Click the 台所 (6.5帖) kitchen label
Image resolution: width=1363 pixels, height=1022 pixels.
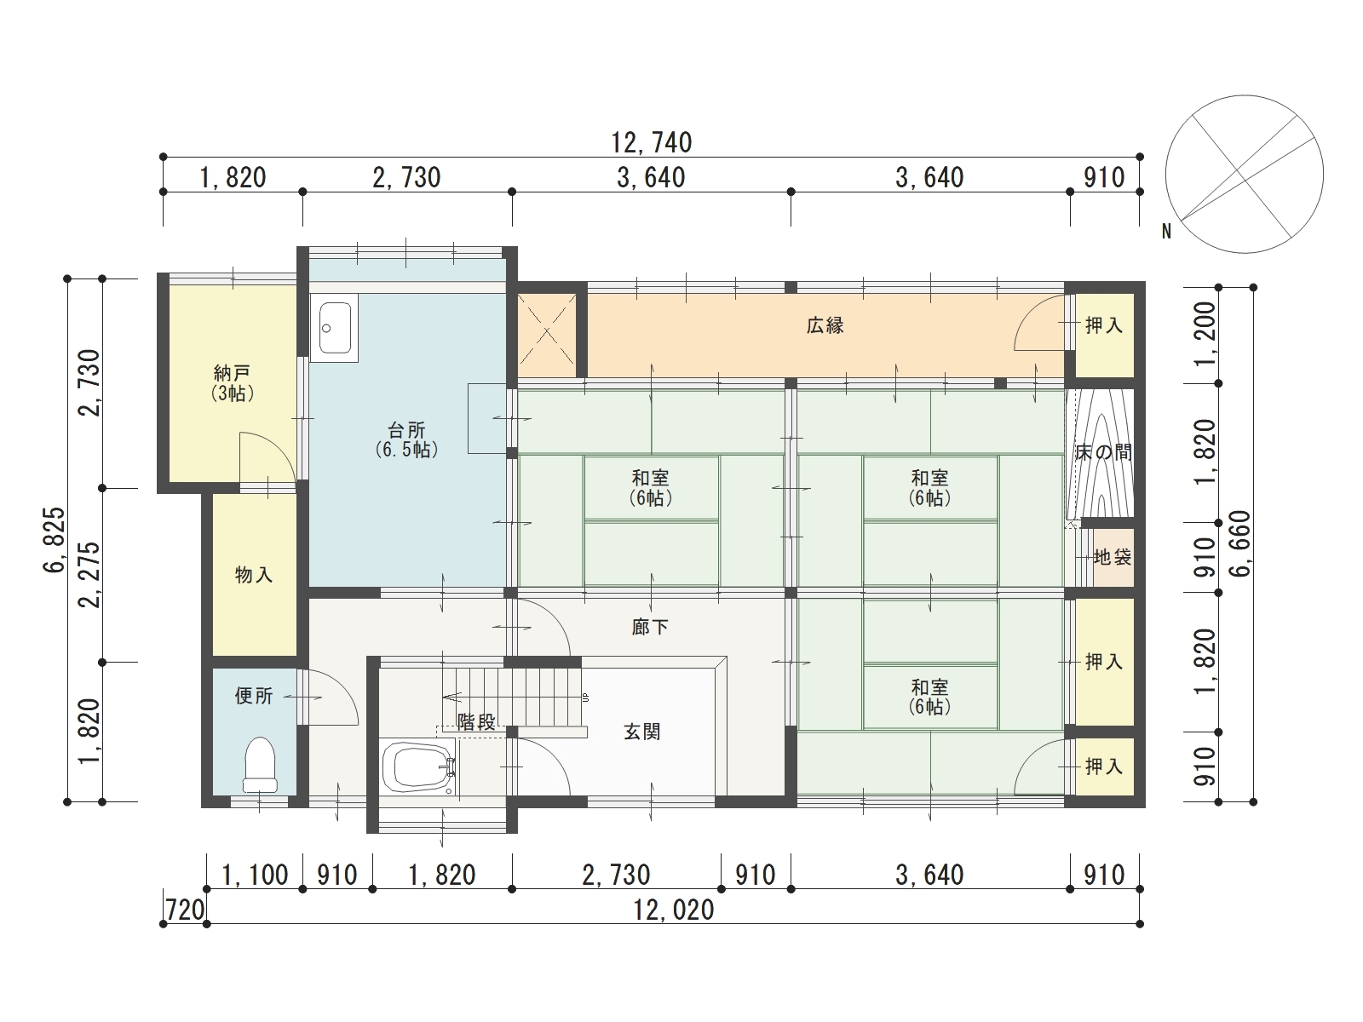406,439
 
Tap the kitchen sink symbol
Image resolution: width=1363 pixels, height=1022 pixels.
336,328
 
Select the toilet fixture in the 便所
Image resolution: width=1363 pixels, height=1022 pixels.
260,765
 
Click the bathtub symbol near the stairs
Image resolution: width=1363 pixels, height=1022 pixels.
418,769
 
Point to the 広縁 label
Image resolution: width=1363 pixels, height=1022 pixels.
825,326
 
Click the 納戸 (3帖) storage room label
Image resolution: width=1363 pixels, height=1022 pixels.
233,383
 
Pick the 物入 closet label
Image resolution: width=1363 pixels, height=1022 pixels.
254,575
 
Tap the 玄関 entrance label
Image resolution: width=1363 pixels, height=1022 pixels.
642,732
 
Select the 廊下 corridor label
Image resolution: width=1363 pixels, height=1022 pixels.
650,628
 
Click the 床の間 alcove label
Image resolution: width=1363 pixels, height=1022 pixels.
1103,452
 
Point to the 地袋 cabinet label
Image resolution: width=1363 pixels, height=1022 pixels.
1113,557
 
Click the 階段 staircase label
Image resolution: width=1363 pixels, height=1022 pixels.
476,721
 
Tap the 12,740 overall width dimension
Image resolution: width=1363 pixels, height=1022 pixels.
652,143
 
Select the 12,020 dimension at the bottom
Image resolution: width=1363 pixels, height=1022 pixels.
674,910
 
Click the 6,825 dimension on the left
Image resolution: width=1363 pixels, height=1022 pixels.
55,540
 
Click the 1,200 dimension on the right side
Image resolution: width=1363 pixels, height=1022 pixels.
1205,334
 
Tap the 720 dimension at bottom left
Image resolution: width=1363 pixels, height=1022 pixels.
185,910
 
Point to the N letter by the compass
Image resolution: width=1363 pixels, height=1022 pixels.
1167,232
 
